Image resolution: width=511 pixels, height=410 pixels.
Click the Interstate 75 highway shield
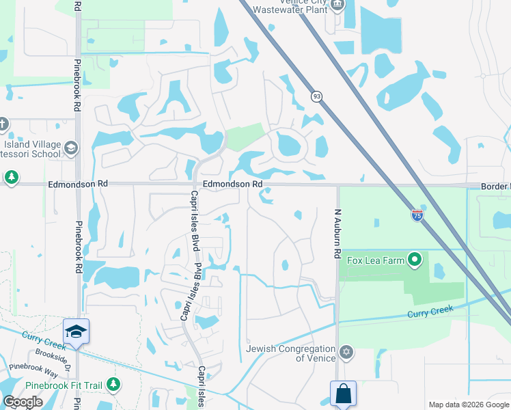417,215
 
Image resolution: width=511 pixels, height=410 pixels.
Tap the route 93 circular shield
316,96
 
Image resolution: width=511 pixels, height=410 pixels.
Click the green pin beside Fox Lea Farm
414,260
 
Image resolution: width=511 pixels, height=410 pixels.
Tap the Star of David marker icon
346,353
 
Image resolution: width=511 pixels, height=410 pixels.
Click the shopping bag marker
343,394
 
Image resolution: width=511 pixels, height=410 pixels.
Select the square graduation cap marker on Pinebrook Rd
76,331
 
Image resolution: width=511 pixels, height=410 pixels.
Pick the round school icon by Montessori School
70,148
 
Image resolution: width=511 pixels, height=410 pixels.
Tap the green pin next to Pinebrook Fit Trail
113,385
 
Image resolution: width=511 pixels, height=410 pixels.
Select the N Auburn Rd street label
337,233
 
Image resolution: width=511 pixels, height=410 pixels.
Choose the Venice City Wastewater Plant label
290,6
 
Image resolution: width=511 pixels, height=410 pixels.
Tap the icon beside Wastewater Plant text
337,5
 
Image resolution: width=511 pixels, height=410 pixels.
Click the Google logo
23,402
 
